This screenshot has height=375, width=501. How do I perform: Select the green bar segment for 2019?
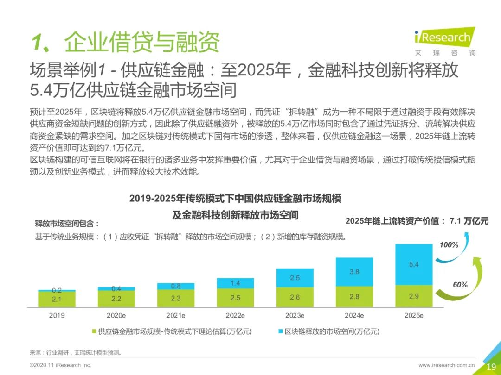tap(57, 300)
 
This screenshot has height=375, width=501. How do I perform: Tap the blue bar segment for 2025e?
tap(414, 264)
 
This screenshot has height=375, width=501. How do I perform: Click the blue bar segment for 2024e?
tap(354, 272)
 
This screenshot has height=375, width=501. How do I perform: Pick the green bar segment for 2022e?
tap(235, 298)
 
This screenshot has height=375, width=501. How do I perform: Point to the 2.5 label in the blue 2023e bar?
tap(295, 278)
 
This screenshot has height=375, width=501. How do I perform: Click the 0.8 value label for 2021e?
tap(176, 286)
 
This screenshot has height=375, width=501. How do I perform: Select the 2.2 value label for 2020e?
tap(116, 299)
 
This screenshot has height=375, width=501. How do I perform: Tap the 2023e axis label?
tap(295, 316)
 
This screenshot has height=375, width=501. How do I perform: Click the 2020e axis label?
tap(116, 316)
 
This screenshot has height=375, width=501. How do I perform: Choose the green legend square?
tap(94, 331)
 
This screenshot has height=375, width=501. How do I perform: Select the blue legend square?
tap(281, 331)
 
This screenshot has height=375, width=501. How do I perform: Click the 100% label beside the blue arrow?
tap(449, 245)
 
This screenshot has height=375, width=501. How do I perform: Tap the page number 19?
tap(491, 366)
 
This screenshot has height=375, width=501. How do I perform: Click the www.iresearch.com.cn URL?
tap(446, 365)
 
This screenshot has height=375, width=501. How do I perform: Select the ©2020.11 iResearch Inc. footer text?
tap(60, 365)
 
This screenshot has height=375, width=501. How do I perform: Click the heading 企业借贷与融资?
tap(141, 43)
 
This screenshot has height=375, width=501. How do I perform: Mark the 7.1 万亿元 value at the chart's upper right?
tap(469, 221)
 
